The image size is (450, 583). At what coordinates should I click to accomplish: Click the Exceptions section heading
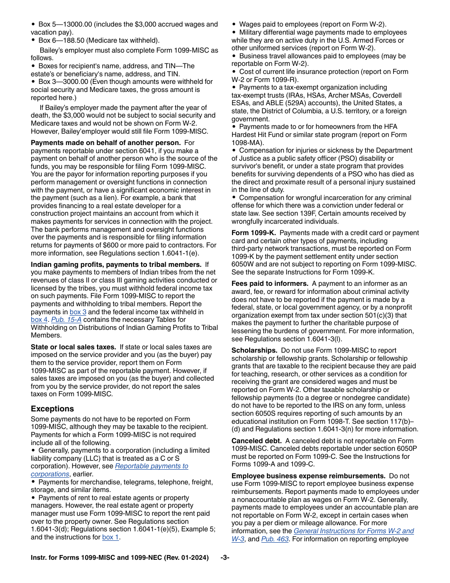click(52, 409)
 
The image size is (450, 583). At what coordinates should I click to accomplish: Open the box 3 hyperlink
click(78, 312)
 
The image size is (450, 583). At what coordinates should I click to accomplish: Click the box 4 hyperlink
click(39, 319)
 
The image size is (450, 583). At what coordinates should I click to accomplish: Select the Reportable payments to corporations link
click(151, 466)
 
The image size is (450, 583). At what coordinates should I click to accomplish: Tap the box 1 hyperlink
click(111, 537)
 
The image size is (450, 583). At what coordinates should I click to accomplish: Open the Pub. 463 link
click(275, 539)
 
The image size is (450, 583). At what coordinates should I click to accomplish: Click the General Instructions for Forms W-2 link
click(353, 531)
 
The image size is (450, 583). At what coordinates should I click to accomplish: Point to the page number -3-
click(225, 558)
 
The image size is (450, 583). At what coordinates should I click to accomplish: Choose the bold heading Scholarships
click(254, 350)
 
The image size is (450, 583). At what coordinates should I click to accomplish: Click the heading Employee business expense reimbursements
click(308, 476)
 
